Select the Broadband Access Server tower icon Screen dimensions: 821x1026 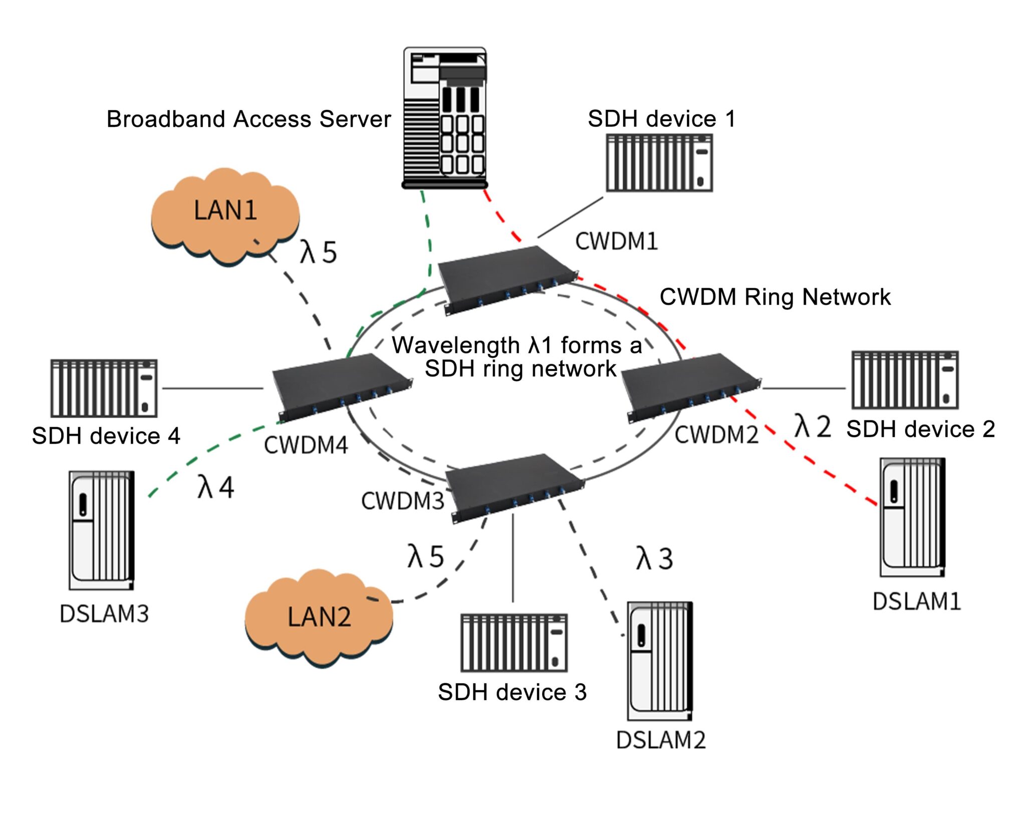(x=445, y=118)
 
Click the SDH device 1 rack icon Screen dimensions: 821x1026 (x=659, y=162)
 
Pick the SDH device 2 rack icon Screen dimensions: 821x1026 (x=905, y=380)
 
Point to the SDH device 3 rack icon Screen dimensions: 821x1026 (x=514, y=643)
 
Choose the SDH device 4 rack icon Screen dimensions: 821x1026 (x=104, y=388)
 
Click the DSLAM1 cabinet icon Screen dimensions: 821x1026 (x=912, y=517)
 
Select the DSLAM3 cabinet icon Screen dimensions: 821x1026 (x=102, y=530)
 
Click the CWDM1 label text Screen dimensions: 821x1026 (x=616, y=242)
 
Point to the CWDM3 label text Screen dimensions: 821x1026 (x=402, y=501)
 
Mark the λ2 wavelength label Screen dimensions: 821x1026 (x=812, y=427)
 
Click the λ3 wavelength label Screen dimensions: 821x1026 (x=654, y=558)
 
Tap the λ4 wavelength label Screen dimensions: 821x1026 (x=215, y=487)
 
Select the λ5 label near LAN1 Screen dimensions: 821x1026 (x=318, y=252)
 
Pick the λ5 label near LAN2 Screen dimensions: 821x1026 (x=425, y=556)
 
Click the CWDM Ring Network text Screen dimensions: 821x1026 (x=775, y=297)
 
